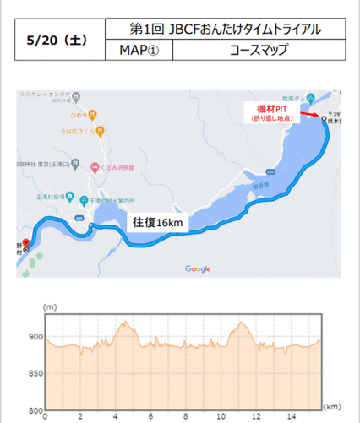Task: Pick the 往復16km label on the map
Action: click(156, 222)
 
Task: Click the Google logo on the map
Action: click(197, 268)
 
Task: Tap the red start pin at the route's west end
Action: click(25, 241)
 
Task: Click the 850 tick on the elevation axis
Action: click(34, 374)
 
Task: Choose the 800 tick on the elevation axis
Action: click(34, 410)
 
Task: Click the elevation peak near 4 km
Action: click(125, 322)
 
